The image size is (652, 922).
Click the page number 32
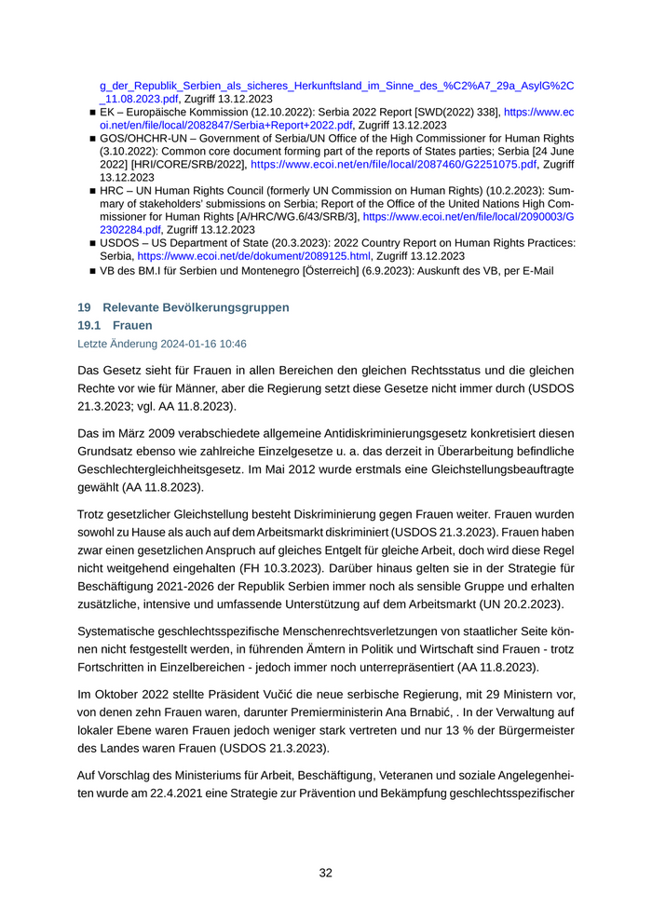(326, 873)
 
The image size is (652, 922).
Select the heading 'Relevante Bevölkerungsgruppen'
(196, 307)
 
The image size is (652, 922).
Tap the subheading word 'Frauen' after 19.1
(132, 326)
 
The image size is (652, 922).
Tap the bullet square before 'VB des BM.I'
(93, 272)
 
